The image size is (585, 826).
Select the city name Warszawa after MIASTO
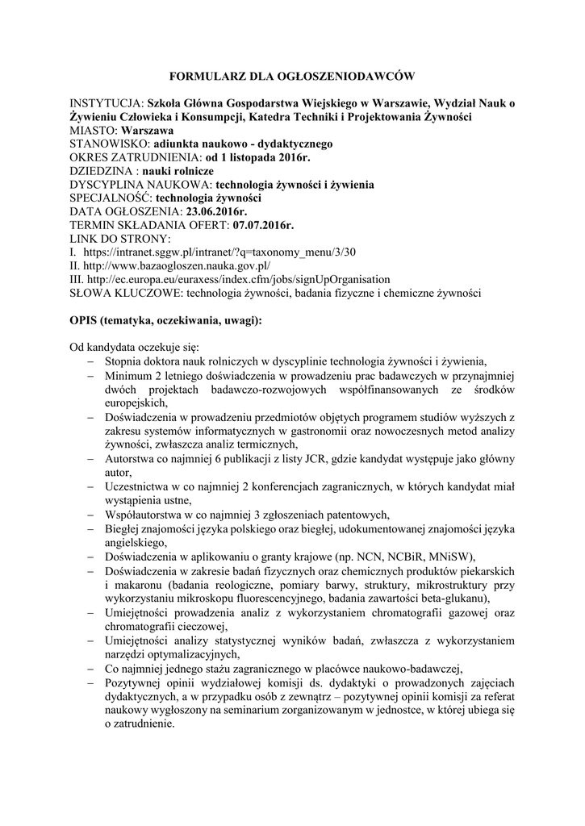click(x=148, y=130)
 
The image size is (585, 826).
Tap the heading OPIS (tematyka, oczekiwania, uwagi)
click(x=165, y=320)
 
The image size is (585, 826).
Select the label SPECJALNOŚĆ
click(x=111, y=198)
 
